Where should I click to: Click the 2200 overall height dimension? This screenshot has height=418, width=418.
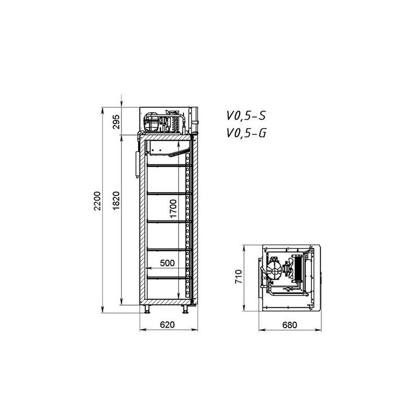97,201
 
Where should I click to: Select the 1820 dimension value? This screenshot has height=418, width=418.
116,201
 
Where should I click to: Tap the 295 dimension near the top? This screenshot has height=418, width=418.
116,122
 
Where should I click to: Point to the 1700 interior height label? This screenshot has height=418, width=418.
173,208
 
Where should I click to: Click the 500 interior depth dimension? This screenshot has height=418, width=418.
167,263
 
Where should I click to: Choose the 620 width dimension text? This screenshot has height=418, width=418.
167,324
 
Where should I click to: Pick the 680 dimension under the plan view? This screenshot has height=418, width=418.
289,325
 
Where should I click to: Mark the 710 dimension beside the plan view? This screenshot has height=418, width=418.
239,276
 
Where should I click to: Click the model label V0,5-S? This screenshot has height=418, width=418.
246,116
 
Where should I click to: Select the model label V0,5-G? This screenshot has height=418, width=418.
246,133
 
